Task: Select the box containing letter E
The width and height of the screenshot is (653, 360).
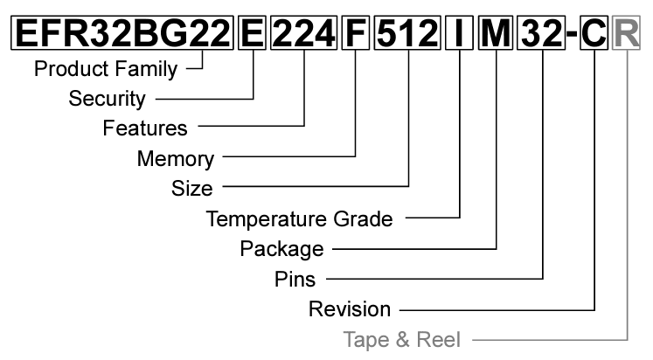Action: coord(253,32)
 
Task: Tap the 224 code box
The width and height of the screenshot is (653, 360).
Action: coord(303,32)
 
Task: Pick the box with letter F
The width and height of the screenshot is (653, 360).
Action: coord(355,32)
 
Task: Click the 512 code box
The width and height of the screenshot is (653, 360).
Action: coord(407,32)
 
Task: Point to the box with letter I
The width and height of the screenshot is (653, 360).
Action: coord(459,32)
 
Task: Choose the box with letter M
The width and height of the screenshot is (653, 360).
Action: coord(496,32)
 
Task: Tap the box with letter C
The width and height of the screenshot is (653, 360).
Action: coord(594,32)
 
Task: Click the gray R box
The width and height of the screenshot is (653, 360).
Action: coord(627,32)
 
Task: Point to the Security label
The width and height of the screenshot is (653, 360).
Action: coord(107,99)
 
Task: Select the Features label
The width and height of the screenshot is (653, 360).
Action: coord(145,128)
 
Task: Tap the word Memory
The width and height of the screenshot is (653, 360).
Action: coord(175,159)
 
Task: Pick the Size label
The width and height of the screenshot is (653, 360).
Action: coord(191,189)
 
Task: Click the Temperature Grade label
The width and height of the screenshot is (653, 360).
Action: coord(299,219)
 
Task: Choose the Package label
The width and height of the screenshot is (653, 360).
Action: coord(281,249)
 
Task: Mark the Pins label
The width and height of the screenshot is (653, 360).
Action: coord(295,280)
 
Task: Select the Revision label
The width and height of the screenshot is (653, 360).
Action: coord(350,309)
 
